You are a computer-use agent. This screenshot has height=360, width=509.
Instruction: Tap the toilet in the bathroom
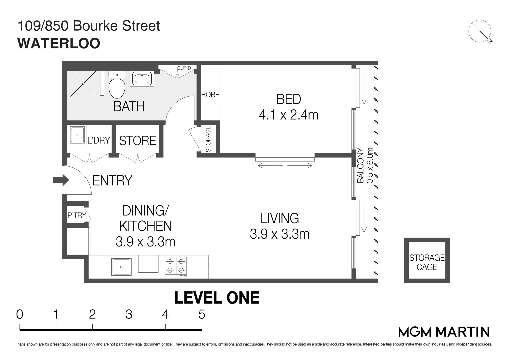[117, 86]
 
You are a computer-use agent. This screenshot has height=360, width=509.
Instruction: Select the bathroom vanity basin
[142, 79]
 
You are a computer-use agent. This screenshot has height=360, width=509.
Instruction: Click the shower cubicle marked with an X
[83, 83]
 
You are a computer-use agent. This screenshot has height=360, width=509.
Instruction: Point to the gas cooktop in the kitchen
[176, 267]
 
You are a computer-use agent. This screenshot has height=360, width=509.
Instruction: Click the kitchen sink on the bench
[121, 267]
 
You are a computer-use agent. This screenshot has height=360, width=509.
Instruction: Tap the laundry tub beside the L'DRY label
[77, 135]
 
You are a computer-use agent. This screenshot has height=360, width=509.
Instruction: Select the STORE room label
[137, 141]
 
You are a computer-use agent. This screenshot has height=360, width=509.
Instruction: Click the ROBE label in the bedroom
[210, 95]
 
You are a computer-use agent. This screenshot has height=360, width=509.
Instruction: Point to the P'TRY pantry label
[77, 215]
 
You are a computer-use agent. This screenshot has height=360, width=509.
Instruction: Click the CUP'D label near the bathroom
[184, 68]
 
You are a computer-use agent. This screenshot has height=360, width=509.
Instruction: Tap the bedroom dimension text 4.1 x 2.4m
[288, 115]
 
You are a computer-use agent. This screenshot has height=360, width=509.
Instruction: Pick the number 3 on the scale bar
[129, 314]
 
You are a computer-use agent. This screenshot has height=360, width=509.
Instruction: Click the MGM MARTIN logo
[444, 332]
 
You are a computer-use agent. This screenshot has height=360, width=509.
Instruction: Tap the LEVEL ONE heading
[217, 298]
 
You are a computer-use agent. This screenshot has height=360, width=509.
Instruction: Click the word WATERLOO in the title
[59, 43]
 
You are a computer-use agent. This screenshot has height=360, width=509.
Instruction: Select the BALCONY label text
[360, 165]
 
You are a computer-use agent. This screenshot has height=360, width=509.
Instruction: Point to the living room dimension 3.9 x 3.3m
[280, 234]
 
